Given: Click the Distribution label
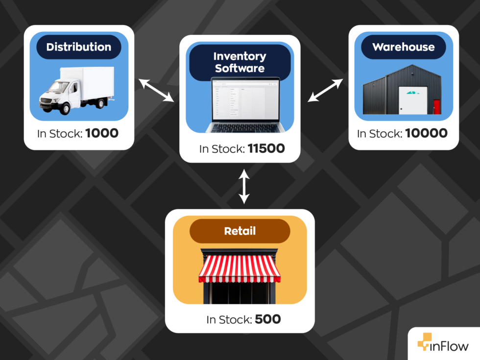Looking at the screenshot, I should click(79, 47).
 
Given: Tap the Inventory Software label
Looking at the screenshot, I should click(240, 62).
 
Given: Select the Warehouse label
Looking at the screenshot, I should click(403, 47).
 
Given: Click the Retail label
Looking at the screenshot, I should click(240, 231).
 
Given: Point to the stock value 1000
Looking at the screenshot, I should click(102, 133).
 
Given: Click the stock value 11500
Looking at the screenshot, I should click(266, 149).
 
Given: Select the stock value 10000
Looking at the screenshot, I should click(426, 133).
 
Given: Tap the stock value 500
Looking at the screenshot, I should click(267, 320).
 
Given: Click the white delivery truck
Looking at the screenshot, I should click(78, 90).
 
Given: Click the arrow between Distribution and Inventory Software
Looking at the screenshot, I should click(156, 90).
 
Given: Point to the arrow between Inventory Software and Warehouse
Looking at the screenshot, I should click(325, 91).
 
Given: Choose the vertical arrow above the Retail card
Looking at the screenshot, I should click(243, 186).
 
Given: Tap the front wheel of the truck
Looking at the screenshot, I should click(64, 108).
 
